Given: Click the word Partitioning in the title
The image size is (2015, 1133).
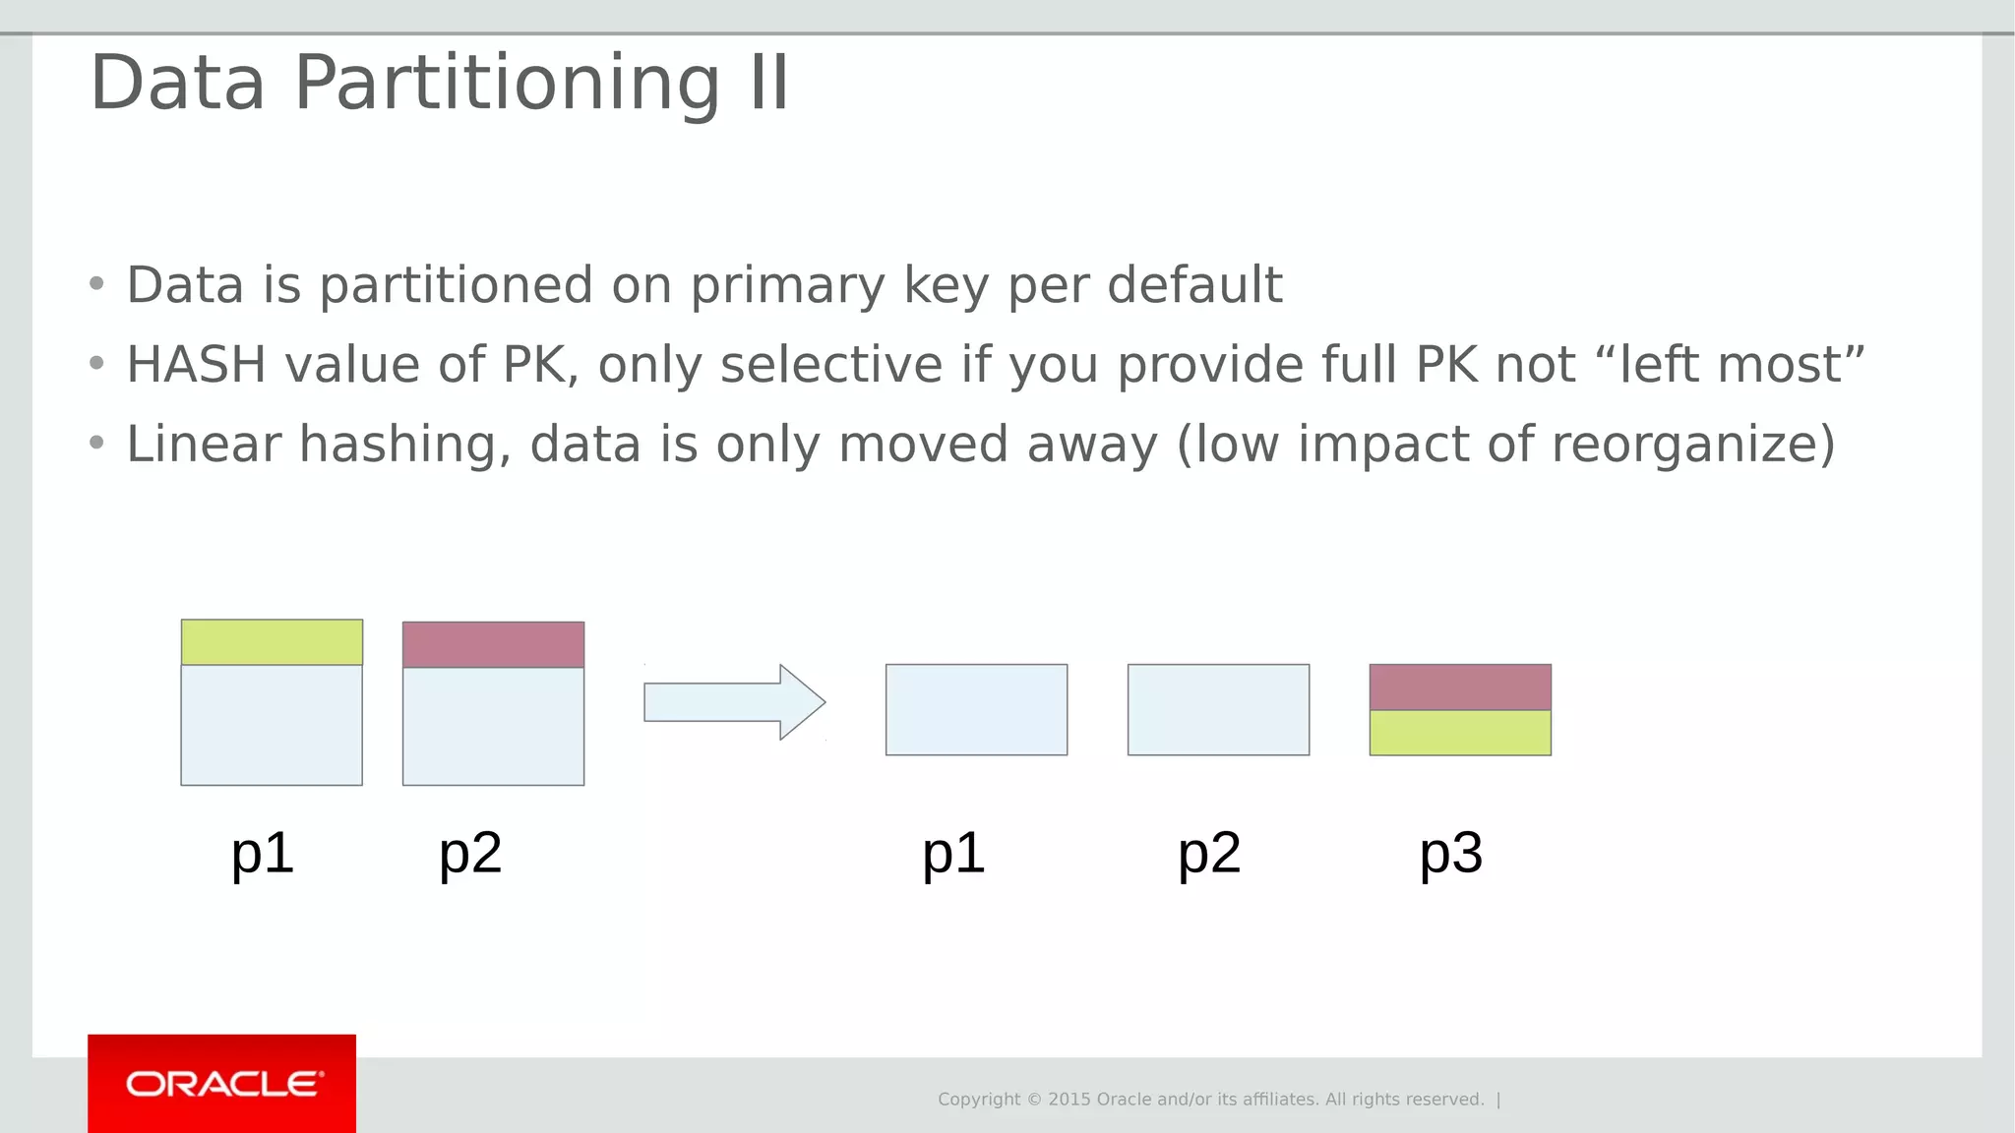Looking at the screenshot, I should [507, 84].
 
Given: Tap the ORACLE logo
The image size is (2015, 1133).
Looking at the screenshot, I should [222, 1084].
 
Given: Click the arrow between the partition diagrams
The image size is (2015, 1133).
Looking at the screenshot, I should [734, 702].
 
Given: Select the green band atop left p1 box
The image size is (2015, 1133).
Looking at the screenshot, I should [272, 642].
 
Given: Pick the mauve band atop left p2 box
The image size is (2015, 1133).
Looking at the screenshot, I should [493, 645].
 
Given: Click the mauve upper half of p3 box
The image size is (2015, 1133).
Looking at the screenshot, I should [1460, 687].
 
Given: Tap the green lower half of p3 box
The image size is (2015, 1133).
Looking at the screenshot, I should [1460, 733].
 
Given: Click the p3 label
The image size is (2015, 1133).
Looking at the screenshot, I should [1450, 853].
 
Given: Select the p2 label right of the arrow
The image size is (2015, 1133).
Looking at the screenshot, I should [1209, 853].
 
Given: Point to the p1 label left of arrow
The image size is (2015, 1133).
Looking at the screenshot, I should [263, 853].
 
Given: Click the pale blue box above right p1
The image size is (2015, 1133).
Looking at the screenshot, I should [976, 710].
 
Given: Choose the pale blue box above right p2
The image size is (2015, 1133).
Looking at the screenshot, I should [1218, 710].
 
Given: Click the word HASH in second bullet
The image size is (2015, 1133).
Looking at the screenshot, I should [196, 365].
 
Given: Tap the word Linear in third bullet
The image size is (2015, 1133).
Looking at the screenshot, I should [204, 445].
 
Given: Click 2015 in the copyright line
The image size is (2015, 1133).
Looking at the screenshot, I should [1069, 1100].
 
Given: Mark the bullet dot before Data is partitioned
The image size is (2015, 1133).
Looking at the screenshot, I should [96, 285].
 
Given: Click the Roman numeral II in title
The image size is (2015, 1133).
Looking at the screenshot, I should [768, 84].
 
